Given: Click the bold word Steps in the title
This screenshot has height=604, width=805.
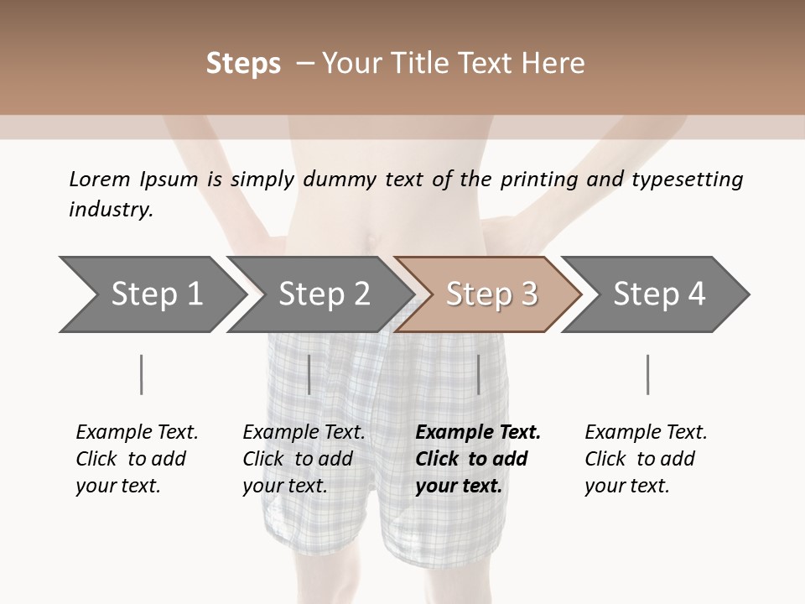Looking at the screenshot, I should tap(243, 64).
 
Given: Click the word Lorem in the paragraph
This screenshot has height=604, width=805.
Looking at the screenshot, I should tap(99, 179).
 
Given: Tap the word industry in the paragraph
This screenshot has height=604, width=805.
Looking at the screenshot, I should tap(111, 210).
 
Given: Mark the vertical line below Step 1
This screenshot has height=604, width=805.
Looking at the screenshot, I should tap(142, 374).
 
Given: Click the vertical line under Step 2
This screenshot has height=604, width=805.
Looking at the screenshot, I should tap(309, 374).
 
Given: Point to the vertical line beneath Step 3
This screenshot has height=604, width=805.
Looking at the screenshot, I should tap(478, 374).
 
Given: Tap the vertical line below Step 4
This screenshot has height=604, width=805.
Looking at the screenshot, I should tap(647, 374).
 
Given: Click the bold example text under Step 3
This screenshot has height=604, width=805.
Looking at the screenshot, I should tap(478, 459).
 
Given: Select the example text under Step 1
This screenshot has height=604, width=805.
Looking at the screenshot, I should tap(137, 459).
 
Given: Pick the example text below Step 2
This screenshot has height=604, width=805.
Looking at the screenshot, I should tap(304, 459).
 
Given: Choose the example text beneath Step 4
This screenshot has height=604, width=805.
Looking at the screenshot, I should tap(646, 459).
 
